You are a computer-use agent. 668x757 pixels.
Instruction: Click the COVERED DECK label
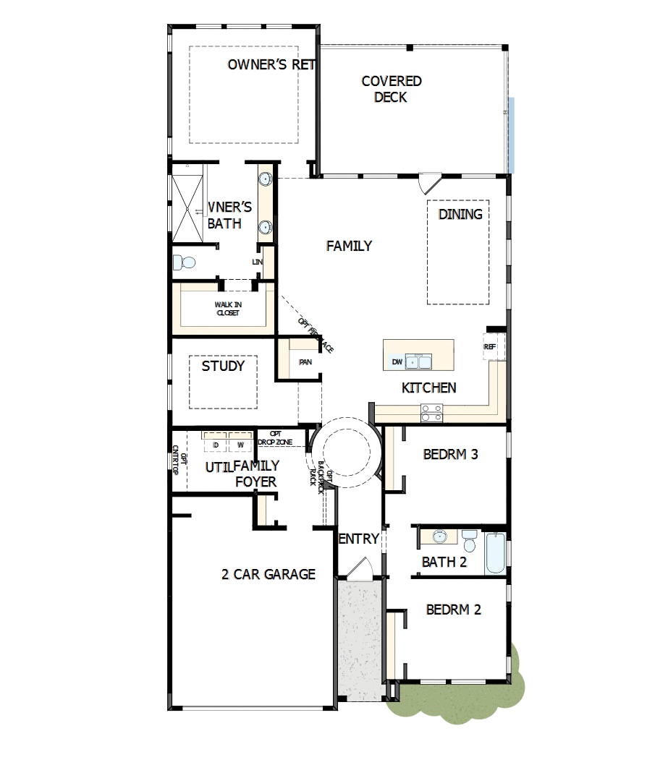coord(392,89)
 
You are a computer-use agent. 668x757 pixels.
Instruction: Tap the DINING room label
coord(460,214)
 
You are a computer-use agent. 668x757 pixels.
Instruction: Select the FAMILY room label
coord(349,246)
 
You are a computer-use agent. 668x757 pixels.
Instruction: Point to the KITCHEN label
coord(429,388)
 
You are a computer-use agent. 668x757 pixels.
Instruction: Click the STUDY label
coord(223,366)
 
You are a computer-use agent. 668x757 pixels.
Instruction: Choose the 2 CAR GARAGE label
coord(269,574)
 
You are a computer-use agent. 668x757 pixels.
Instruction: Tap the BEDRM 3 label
coord(451,455)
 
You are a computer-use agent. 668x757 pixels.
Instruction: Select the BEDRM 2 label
coord(454,610)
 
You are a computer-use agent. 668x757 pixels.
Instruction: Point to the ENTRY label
coord(359,539)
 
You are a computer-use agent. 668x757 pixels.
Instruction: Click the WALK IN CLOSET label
coord(227,309)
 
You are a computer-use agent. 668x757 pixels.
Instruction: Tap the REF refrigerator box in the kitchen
coord(491,347)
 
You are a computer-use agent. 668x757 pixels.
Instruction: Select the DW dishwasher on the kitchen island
coord(397,362)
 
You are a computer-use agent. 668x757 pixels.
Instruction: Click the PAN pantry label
coord(305,362)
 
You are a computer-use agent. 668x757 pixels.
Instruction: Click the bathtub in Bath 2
coord(495,553)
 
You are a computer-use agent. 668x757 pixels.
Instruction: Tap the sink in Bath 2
coord(439,536)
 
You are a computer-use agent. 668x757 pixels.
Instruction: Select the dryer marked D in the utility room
coord(216,443)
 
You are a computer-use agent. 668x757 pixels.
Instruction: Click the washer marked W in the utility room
coord(240,443)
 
